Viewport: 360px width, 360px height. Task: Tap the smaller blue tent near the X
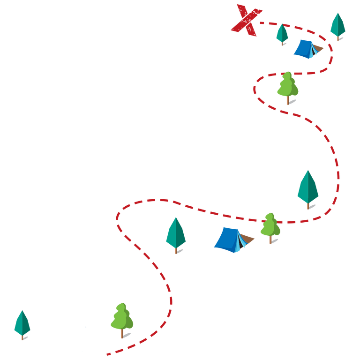click(305, 49)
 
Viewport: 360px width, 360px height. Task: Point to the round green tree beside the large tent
click(270, 225)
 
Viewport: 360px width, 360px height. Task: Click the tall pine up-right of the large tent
click(307, 187)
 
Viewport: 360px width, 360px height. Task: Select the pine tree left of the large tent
click(176, 233)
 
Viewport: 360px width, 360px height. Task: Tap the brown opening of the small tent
click(319, 48)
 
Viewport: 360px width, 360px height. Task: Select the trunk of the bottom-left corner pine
click(22, 337)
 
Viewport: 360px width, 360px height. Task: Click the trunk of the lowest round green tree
click(122, 334)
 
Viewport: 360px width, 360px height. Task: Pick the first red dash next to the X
click(262, 22)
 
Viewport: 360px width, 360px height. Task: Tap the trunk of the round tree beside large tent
click(270, 240)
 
